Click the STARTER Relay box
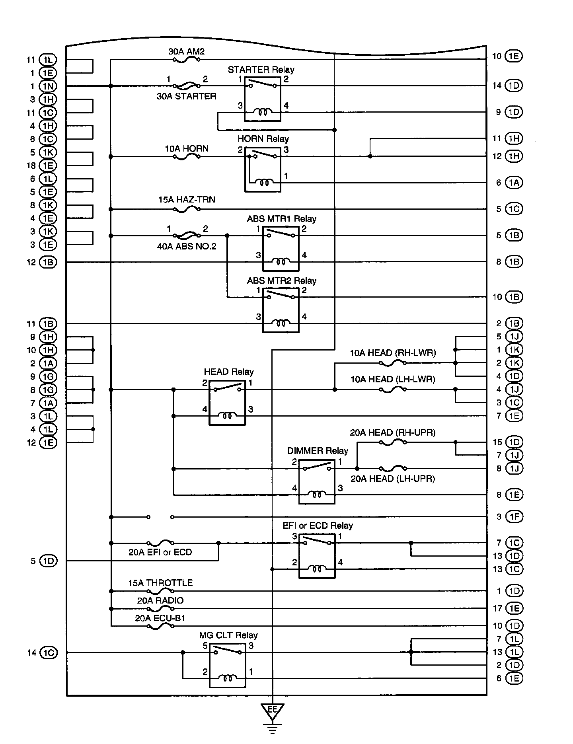[x=262, y=99]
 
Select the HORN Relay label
[x=263, y=139]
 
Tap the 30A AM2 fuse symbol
[x=187, y=60]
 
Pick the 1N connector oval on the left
[x=48, y=86]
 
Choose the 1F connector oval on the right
[x=513, y=517]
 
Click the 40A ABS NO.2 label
[x=187, y=246]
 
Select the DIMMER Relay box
[x=317, y=482]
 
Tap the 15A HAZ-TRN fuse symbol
[x=187, y=209]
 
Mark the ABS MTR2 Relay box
[x=281, y=310]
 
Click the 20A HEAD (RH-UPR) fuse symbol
[x=393, y=442]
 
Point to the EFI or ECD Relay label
[x=318, y=526]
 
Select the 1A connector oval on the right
[x=513, y=183]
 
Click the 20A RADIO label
[x=160, y=600]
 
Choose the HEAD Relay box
[x=227, y=403]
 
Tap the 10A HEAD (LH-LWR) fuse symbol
[x=393, y=390]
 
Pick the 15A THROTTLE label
[x=160, y=583]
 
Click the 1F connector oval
[x=513, y=517]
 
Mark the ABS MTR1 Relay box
[x=281, y=249]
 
